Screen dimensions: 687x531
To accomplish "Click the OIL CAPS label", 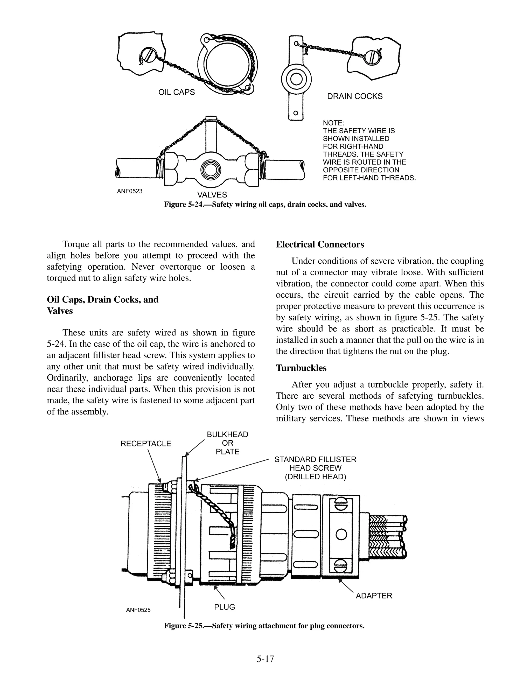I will point(177,92).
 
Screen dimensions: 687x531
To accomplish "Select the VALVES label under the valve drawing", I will point(212,195).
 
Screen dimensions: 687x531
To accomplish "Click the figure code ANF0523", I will point(130,191).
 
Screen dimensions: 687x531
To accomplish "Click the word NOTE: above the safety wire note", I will point(333,123).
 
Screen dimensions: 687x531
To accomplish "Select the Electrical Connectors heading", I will point(320,244).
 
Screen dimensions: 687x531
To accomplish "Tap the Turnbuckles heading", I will point(301,368).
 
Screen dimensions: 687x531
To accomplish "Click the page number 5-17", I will point(265,659).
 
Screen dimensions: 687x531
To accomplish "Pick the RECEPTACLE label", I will point(146,444).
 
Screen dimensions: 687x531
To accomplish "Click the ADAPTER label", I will point(374,596).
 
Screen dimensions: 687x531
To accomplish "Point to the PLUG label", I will point(224,607).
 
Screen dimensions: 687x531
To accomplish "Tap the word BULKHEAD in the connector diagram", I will point(227,434).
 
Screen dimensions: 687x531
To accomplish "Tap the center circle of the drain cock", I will point(296,79).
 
